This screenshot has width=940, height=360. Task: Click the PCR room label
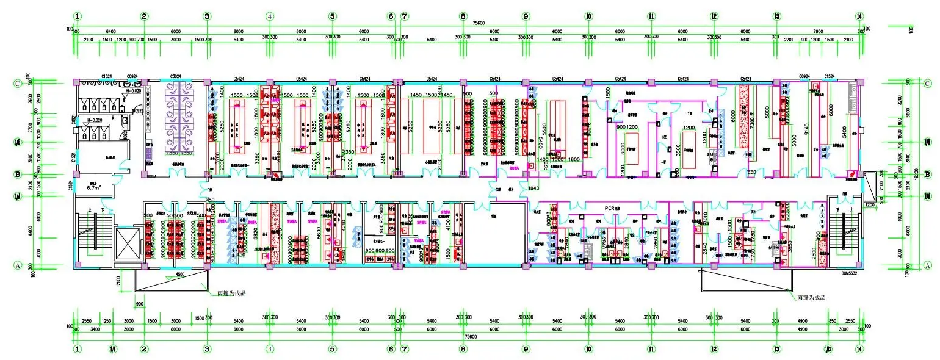point(612,208)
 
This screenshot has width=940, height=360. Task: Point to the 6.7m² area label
point(93,188)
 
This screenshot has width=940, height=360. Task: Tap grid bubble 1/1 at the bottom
point(112,350)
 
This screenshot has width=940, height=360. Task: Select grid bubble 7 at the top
point(405,16)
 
